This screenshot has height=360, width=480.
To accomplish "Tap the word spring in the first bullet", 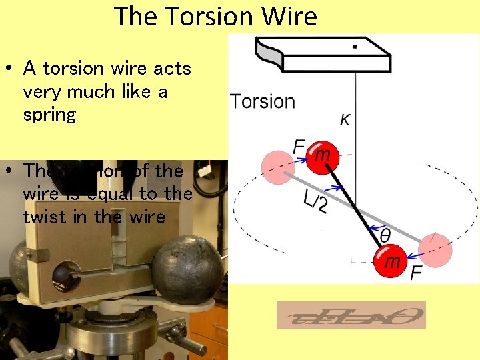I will pyautogui.click(x=49, y=115).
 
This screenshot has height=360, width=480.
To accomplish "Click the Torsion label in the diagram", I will pyautogui.click(x=262, y=102).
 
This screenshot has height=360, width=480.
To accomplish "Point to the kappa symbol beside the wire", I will pyautogui.click(x=345, y=121).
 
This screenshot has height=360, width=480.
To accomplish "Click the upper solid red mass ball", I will pyautogui.click(x=322, y=157).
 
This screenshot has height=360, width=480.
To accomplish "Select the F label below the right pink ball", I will pyautogui.click(x=416, y=273).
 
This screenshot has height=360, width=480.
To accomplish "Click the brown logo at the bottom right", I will pyautogui.click(x=351, y=315).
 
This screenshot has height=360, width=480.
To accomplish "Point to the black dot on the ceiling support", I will pyautogui.click(x=354, y=46).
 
